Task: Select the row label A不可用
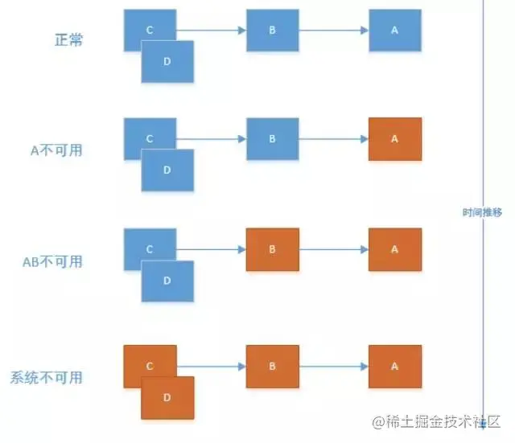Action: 53,150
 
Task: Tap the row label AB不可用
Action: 53,261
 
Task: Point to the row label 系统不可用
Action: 47,377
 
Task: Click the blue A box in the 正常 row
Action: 394,30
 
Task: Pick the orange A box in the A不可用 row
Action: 394,138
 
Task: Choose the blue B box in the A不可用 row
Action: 272,138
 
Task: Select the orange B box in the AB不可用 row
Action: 272,249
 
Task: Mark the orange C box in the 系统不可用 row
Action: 145,360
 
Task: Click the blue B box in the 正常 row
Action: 272,30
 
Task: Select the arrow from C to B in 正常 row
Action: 211,31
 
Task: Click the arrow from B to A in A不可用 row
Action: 333,139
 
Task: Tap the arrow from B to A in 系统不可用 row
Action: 333,367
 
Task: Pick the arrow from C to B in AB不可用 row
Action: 211,250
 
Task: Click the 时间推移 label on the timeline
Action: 482,213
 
